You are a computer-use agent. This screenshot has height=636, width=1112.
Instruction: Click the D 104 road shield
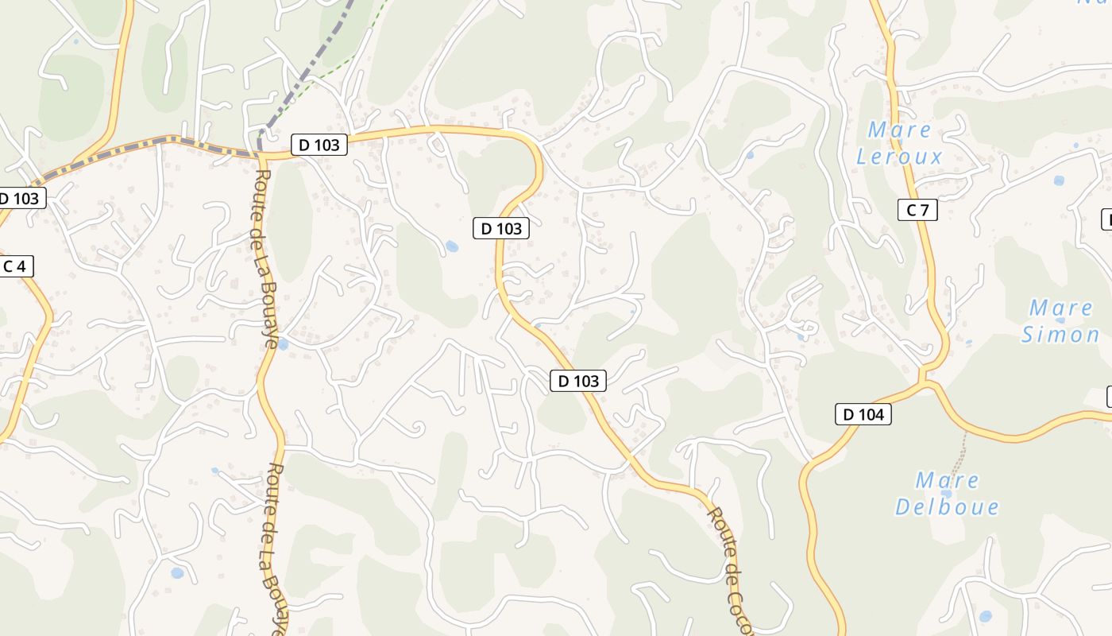pyautogui.click(x=863, y=414)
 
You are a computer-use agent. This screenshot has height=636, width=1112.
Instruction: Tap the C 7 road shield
pyautogui.click(x=917, y=210)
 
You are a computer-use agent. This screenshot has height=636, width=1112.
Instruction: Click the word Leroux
pyautogui.click(x=899, y=157)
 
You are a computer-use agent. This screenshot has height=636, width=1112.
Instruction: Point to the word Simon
pyautogui.click(x=1060, y=335)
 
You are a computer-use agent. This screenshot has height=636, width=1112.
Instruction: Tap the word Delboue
pyautogui.click(x=947, y=506)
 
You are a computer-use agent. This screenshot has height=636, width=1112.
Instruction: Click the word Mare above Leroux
pyautogui.click(x=899, y=130)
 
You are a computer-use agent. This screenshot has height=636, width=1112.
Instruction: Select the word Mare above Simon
pyautogui.click(x=1061, y=308)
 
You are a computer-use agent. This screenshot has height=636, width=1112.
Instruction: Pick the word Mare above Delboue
pyautogui.click(x=948, y=480)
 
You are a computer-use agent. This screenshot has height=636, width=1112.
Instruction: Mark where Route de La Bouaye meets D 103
pyautogui.click(x=261, y=153)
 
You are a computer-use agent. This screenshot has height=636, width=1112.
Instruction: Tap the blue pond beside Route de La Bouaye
pyautogui.click(x=281, y=344)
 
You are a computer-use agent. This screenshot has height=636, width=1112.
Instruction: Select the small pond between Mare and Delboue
pyautogui.click(x=946, y=494)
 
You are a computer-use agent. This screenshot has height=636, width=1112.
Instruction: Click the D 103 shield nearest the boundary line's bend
pyautogui.click(x=319, y=145)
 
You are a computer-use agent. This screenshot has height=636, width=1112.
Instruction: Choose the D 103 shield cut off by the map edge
pyautogui.click(x=21, y=198)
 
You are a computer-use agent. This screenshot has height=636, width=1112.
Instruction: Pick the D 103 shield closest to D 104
pyautogui.click(x=578, y=381)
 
